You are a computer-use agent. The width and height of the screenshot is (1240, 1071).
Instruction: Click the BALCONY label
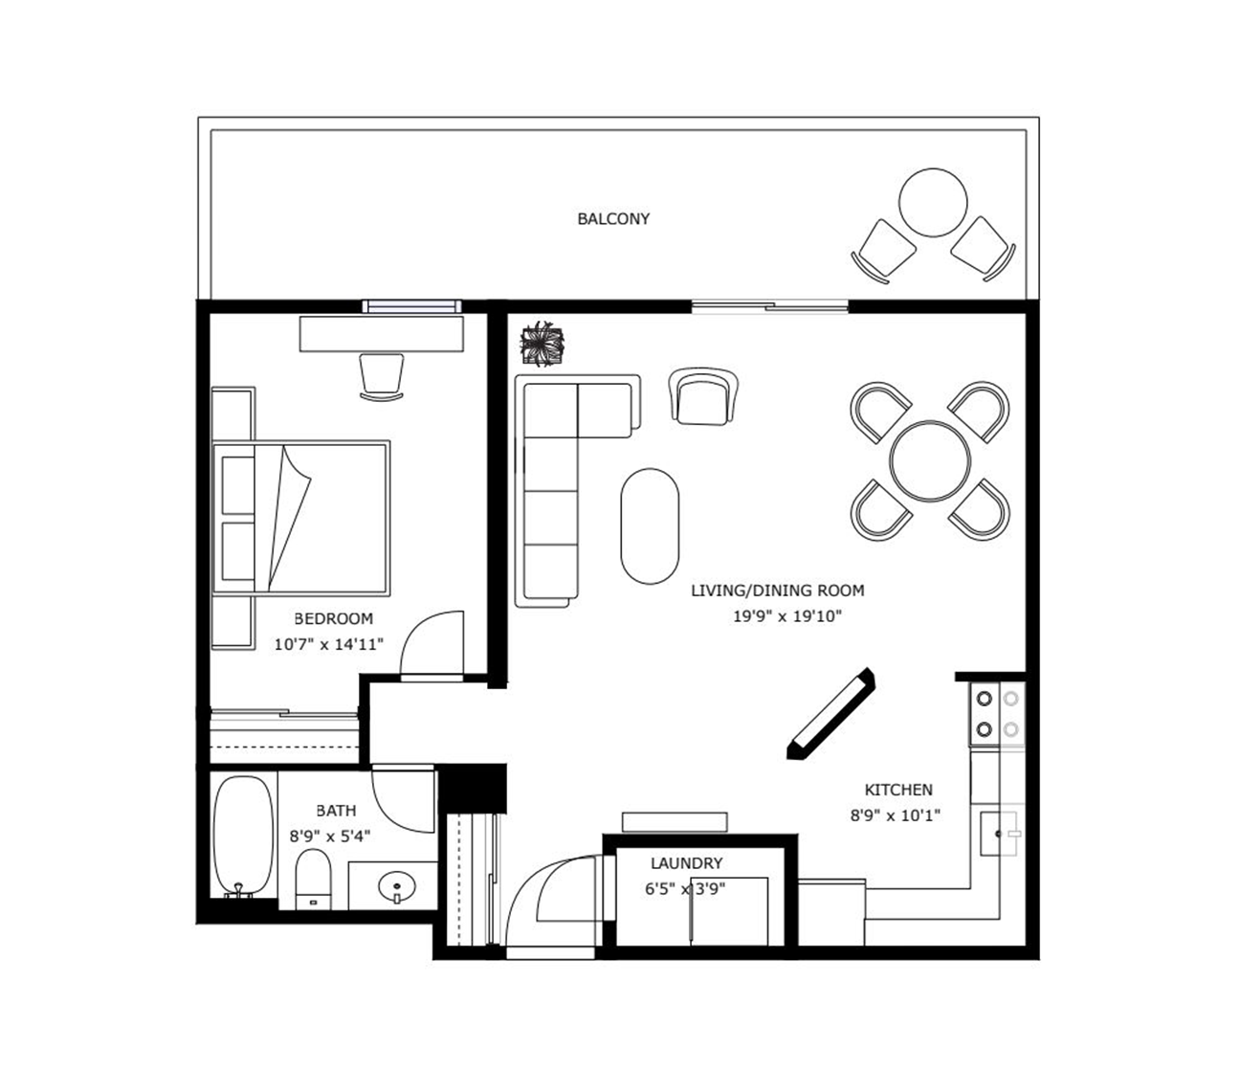pyautogui.click(x=613, y=219)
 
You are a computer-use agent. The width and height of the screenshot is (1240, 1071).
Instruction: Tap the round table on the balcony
pyautogui.click(x=933, y=202)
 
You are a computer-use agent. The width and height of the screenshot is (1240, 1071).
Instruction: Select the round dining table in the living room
pyautogui.click(x=930, y=460)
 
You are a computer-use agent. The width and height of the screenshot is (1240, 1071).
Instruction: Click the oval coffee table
pyautogui.click(x=650, y=525)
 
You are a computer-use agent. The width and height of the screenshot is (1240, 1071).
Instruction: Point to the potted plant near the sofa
pyautogui.click(x=542, y=344)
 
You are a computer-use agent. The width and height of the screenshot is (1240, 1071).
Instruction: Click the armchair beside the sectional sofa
pyautogui.click(x=703, y=396)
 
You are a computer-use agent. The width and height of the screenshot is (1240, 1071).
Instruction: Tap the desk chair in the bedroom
pyautogui.click(x=382, y=377)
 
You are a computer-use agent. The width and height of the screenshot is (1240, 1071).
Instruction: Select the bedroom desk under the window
pyautogui.click(x=382, y=334)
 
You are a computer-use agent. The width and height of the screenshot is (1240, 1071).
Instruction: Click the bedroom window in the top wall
pyautogui.click(x=412, y=306)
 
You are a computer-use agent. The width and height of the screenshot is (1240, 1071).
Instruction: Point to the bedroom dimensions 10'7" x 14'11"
pyautogui.click(x=329, y=644)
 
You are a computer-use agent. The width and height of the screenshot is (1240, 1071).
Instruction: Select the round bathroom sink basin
pyautogui.click(x=396, y=886)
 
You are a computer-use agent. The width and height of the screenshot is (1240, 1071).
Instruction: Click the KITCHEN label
pyautogui.click(x=898, y=790)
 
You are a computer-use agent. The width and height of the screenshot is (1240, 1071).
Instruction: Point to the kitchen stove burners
pyautogui.click(x=997, y=714)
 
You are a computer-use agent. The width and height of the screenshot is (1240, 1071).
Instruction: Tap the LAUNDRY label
pyautogui.click(x=686, y=863)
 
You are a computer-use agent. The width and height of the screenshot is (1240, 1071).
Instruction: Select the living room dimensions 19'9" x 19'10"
pyautogui.click(x=787, y=616)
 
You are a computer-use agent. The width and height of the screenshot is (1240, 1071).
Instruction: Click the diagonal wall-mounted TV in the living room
pyautogui.click(x=830, y=714)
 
